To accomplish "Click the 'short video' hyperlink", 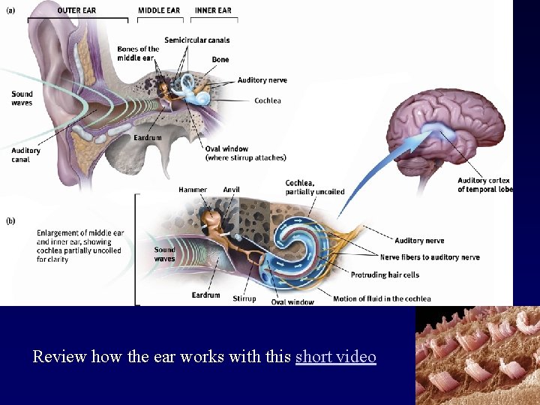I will coord(335,357).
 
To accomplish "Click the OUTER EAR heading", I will coord(76,10).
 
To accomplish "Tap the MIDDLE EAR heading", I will coord(159,10).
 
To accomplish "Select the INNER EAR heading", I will coord(214,10).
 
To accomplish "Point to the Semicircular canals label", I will coord(197,40).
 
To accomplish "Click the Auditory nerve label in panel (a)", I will coord(262,80).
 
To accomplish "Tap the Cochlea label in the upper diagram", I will coord(268,100).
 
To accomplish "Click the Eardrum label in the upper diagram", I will coord(148,138).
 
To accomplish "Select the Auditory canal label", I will coord(25,155).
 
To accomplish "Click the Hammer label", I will coord(193,190).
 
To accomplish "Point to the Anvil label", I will coord(231,190).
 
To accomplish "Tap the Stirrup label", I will coord(244,298).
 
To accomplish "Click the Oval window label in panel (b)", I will coord(292,302).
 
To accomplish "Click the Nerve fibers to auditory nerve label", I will coord(430,257).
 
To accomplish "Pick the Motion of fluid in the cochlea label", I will coord(382,298).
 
